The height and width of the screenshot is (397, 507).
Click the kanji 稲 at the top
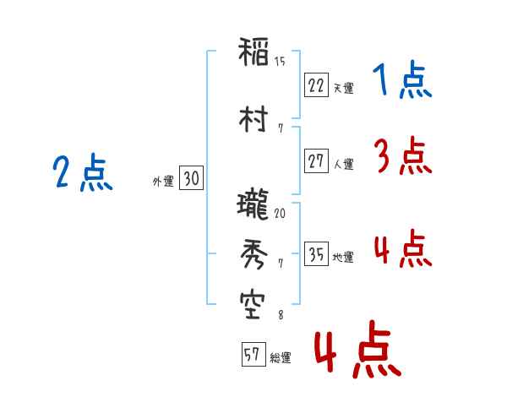point(253,52)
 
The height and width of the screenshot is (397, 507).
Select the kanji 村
point(253,119)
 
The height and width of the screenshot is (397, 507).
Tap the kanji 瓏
point(253,204)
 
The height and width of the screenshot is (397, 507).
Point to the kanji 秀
point(254,254)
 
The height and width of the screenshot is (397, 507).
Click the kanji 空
point(253,306)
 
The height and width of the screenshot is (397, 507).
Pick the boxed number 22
point(316,85)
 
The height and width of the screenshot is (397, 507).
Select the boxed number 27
point(316,160)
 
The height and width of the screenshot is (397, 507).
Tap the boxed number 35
point(316,253)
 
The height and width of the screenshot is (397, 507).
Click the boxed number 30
point(192,177)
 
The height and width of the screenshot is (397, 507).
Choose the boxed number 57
point(253,354)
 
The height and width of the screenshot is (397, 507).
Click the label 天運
point(343,88)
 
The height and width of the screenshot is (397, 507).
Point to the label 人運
point(343,164)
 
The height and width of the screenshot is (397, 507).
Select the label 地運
point(343,258)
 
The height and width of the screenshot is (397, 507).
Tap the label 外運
point(163,182)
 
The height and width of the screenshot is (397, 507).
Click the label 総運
point(281,358)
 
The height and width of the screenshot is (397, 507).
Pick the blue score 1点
point(402,79)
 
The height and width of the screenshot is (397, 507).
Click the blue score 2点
point(83,172)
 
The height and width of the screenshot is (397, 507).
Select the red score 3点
point(403,155)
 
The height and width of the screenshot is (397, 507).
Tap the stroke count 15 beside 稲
point(280,62)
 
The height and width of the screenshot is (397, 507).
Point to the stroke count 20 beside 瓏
point(280,213)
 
